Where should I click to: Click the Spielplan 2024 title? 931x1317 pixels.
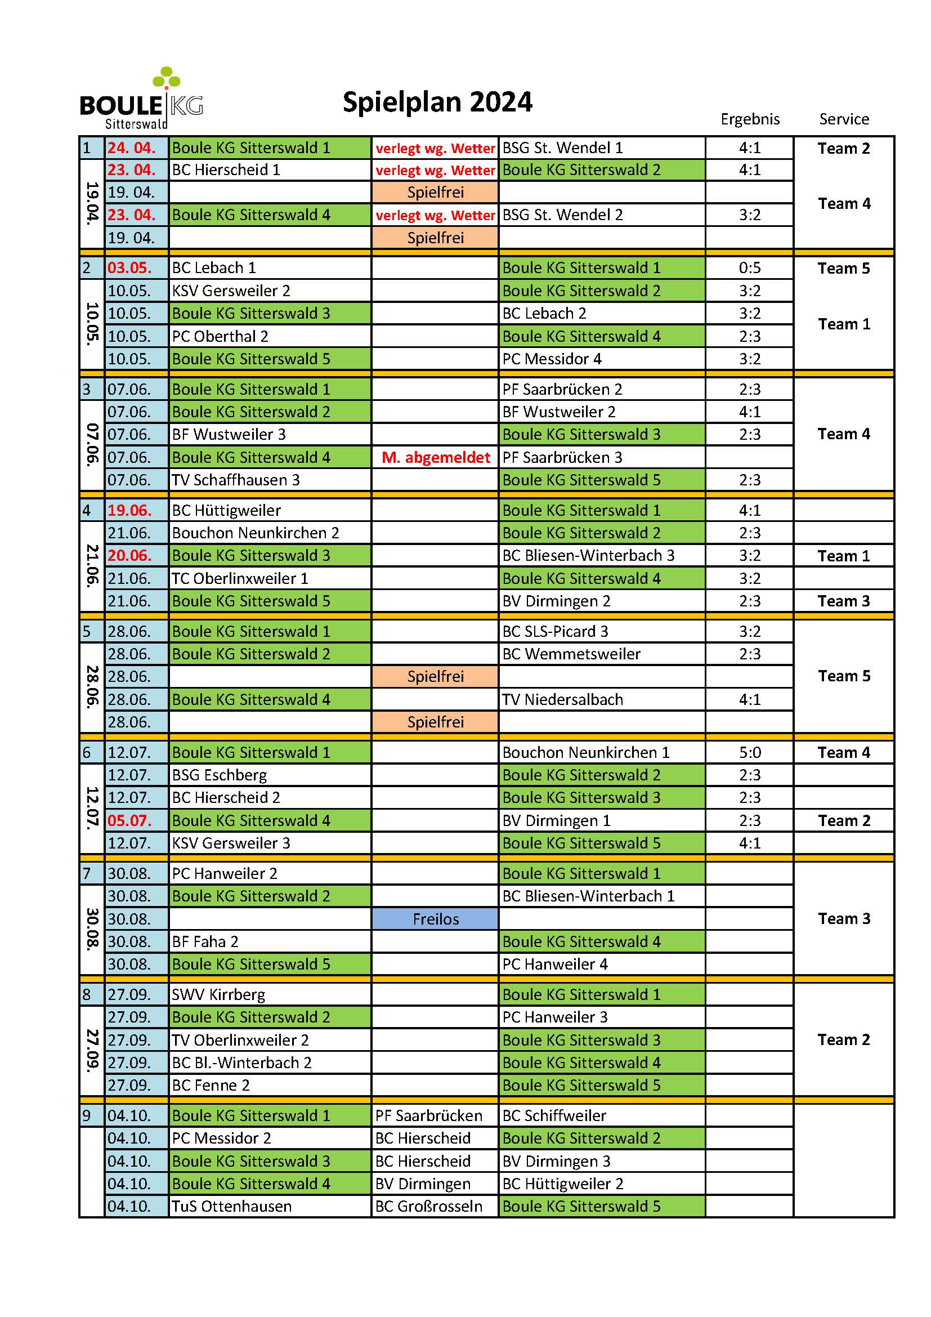(437, 102)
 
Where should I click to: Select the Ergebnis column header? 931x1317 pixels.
(750, 119)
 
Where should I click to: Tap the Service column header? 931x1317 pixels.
(844, 119)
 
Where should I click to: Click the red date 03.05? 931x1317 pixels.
(130, 268)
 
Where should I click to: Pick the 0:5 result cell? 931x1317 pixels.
(750, 268)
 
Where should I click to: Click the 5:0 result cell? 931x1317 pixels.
(750, 753)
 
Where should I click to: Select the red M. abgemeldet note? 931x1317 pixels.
(436, 458)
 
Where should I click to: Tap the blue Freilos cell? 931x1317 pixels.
(436, 919)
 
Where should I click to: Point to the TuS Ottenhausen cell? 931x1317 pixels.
(231, 1206)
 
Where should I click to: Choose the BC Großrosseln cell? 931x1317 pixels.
(429, 1206)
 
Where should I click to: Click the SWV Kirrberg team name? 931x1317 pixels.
(218, 994)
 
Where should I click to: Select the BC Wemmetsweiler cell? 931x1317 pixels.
(571, 654)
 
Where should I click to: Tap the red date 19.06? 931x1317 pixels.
(130, 511)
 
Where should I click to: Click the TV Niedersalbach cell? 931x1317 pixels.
(562, 700)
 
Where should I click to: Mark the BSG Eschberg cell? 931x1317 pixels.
(220, 775)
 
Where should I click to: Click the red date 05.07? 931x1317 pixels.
(130, 821)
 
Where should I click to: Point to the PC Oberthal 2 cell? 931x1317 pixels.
(220, 336)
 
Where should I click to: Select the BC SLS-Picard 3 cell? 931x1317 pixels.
(555, 632)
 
